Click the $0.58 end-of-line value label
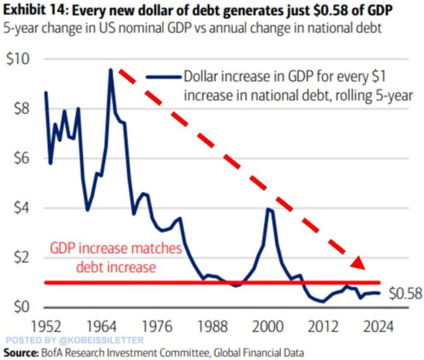pyautogui.click(x=405, y=293)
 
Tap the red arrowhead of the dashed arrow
pyautogui.click(x=358, y=264)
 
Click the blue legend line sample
pyautogui.click(x=164, y=77)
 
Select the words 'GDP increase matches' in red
pyautogui.click(x=116, y=249)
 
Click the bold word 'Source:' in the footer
pyautogui.click(x=20, y=353)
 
